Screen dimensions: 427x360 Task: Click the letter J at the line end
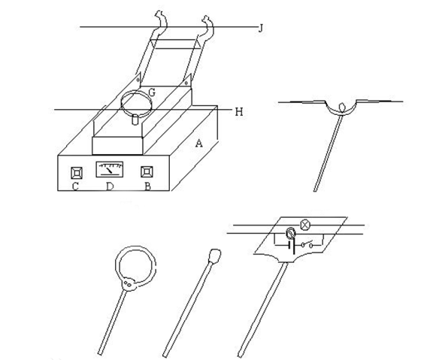point(261,29)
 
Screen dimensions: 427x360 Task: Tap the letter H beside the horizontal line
point(239,112)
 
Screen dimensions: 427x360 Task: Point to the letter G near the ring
point(152,92)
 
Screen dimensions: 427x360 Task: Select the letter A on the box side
point(199,144)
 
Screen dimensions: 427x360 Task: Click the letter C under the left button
point(75,186)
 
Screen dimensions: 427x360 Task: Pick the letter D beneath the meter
point(110,186)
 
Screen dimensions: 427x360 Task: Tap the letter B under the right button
point(147,186)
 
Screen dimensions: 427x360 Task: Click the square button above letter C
point(77,173)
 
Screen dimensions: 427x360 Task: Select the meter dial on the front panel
point(110,169)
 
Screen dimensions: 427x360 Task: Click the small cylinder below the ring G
point(135,119)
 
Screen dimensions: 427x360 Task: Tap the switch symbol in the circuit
point(307,245)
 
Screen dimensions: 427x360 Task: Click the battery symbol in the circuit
point(292,246)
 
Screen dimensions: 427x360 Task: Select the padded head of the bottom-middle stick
point(215,256)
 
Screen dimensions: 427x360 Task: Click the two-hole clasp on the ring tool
point(129,284)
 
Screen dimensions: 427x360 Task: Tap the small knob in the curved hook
point(342,106)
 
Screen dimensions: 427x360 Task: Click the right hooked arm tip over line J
point(207,20)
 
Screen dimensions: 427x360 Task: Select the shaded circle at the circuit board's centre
point(291,234)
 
